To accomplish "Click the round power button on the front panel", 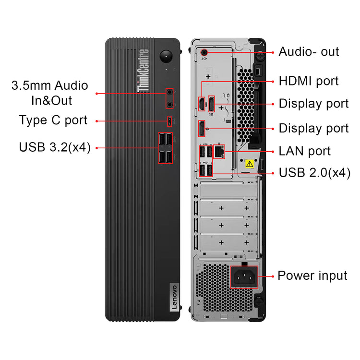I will [x=167, y=56].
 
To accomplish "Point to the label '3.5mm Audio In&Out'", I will [x=50, y=93].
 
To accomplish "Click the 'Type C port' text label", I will [x=53, y=120].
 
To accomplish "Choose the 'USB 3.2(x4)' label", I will [x=55, y=147].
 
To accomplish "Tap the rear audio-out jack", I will [x=206, y=51].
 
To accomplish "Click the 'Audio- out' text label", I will [x=309, y=52].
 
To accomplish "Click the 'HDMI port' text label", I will [x=309, y=81].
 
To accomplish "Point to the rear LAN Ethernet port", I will [x=219, y=152].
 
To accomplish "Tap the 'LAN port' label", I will [x=304, y=151].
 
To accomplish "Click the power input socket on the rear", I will [x=243, y=276].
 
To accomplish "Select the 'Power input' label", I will [x=312, y=276].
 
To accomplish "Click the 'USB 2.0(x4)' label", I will [x=314, y=172].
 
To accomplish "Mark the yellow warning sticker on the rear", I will [x=249, y=163].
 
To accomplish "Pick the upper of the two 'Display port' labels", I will [x=313, y=104].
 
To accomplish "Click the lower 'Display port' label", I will [x=313, y=129].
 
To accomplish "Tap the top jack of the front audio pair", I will [x=170, y=92].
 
